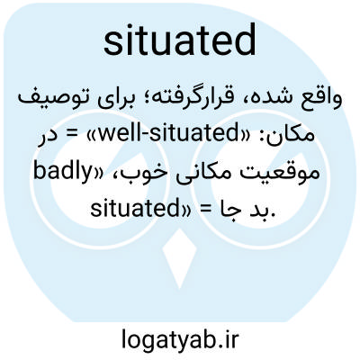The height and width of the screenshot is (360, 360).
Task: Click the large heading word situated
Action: [x=180, y=41]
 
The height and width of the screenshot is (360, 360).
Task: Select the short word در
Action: [x=48, y=137]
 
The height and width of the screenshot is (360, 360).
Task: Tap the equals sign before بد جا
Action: [x=205, y=210]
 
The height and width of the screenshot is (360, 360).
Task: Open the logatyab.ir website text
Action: [x=180, y=339]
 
